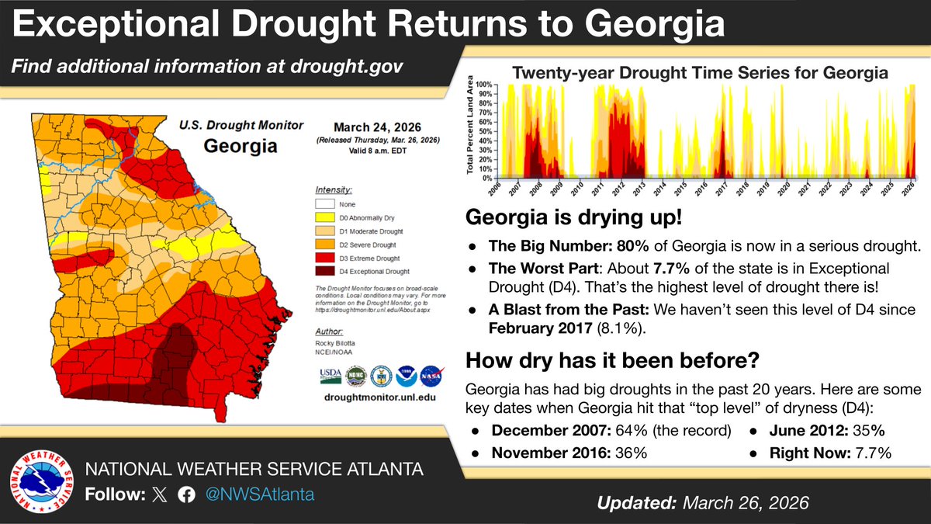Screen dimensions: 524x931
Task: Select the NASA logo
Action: [x=430, y=377]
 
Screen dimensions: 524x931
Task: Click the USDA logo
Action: [x=330, y=377]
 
